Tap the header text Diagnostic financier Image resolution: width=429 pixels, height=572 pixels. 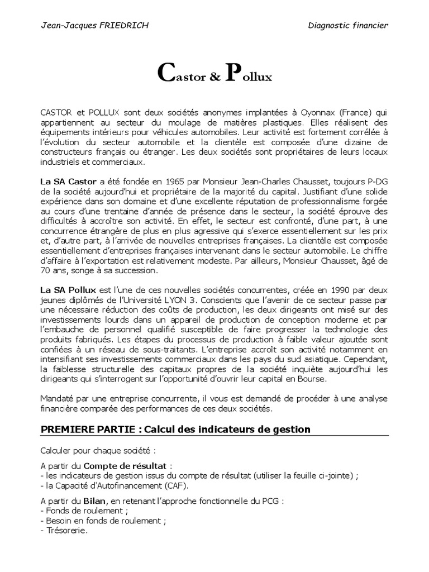pyautogui.click(x=348, y=26)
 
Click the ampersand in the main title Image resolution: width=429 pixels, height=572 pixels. pyautogui.click(x=215, y=78)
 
